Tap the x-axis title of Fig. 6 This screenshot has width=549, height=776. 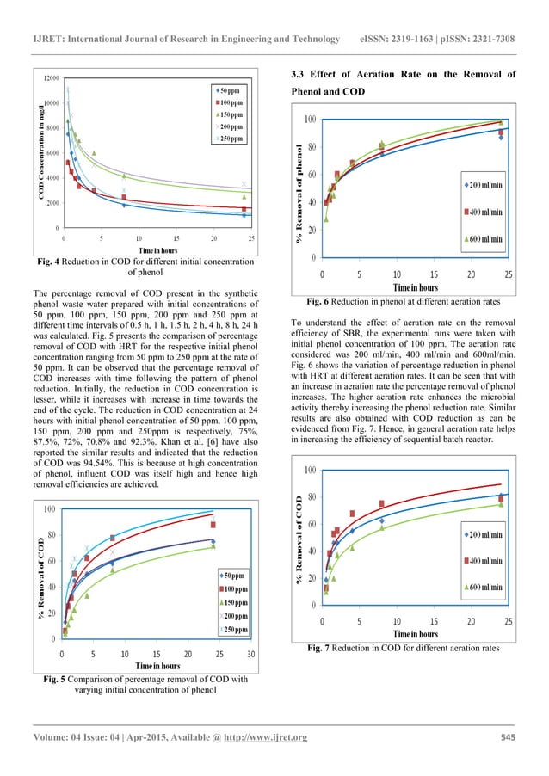tap(416, 286)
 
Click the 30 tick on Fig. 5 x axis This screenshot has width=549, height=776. tap(250, 653)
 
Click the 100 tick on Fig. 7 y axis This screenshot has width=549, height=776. tap(309, 470)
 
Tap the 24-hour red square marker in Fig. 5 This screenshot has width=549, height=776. tap(213, 525)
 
